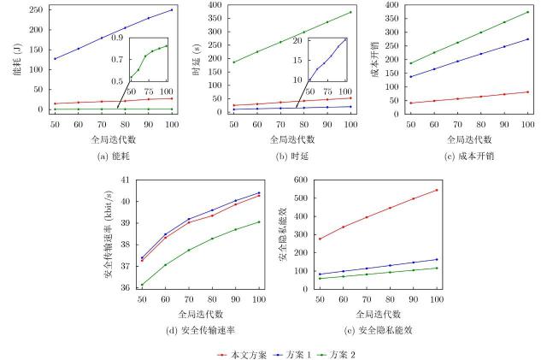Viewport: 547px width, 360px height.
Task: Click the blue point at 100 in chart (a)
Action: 172,10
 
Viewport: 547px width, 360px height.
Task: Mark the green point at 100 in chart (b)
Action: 350,12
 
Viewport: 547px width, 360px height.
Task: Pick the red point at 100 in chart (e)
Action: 437,190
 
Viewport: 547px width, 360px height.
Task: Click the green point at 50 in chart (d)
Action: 142,285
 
